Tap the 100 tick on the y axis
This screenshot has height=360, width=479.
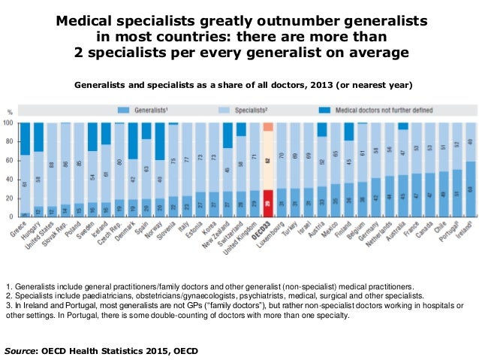pyautogui.click(x=8, y=122)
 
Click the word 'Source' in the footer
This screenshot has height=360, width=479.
pyautogui.click(x=21, y=350)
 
